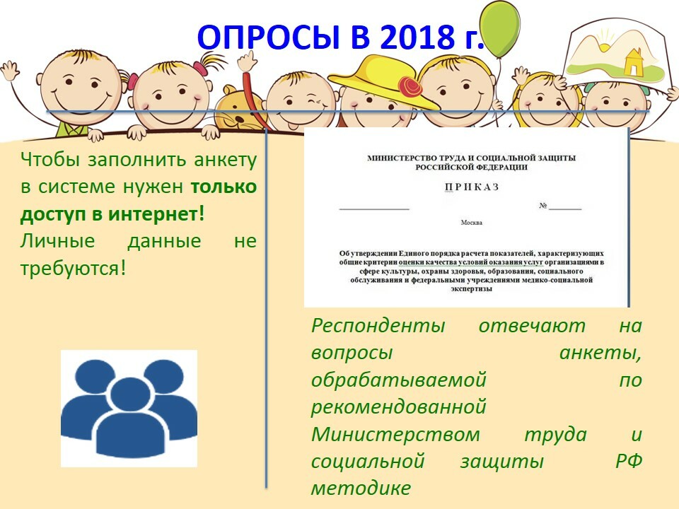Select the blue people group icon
[x=129, y=408]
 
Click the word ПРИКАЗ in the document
[x=472, y=187]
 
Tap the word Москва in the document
[x=471, y=223]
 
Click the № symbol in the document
[x=543, y=205]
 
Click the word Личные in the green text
[x=57, y=240]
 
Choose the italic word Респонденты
[x=378, y=326]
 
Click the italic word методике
[x=361, y=488]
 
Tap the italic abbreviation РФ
[x=628, y=461]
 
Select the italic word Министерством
[x=396, y=434]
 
